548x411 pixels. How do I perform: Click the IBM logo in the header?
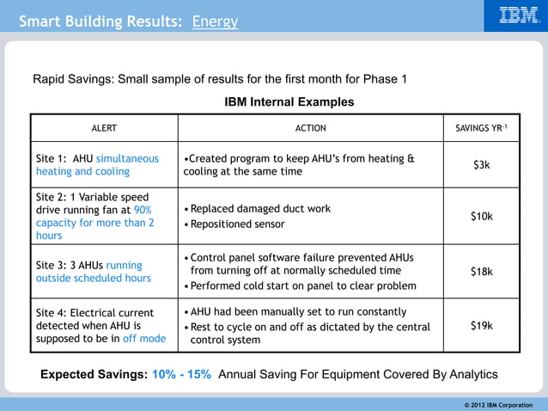519,15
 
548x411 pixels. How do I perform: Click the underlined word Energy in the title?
215,21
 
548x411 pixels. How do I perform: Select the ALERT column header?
104,128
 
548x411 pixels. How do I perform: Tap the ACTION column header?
310,128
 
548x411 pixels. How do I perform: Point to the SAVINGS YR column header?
481,128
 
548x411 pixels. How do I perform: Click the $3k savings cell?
481,164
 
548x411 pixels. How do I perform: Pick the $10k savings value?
481,216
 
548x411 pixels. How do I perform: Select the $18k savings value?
481,271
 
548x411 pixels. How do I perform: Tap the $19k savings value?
481,325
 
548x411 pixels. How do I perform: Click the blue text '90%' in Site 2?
143,210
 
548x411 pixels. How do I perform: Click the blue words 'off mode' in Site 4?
143,339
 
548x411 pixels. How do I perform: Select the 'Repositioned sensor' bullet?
237,224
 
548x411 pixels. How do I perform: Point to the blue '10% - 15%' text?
181,375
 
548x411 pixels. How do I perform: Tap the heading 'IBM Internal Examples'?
289,101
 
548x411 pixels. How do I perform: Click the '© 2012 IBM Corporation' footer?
498,404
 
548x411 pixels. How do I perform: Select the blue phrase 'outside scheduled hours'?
93,278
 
